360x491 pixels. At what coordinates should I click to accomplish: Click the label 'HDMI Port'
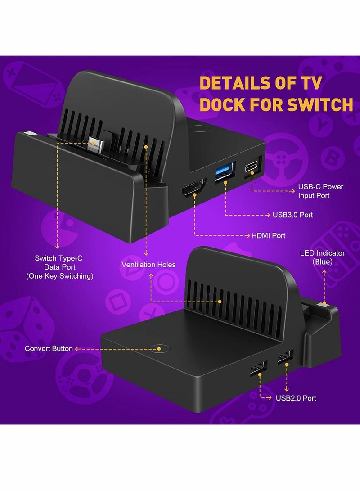click(x=268, y=235)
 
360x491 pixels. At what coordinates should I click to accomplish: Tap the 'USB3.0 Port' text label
click(x=292, y=215)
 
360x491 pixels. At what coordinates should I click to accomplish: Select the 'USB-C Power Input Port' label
click(x=320, y=191)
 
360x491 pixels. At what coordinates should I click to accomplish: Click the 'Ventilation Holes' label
click(x=148, y=265)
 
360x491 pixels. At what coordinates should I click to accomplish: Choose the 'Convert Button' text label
click(x=49, y=348)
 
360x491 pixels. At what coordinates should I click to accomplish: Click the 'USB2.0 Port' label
click(x=296, y=398)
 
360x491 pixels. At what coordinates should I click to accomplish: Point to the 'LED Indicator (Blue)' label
click(x=322, y=257)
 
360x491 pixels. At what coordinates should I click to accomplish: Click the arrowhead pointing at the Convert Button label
click(x=77, y=348)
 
